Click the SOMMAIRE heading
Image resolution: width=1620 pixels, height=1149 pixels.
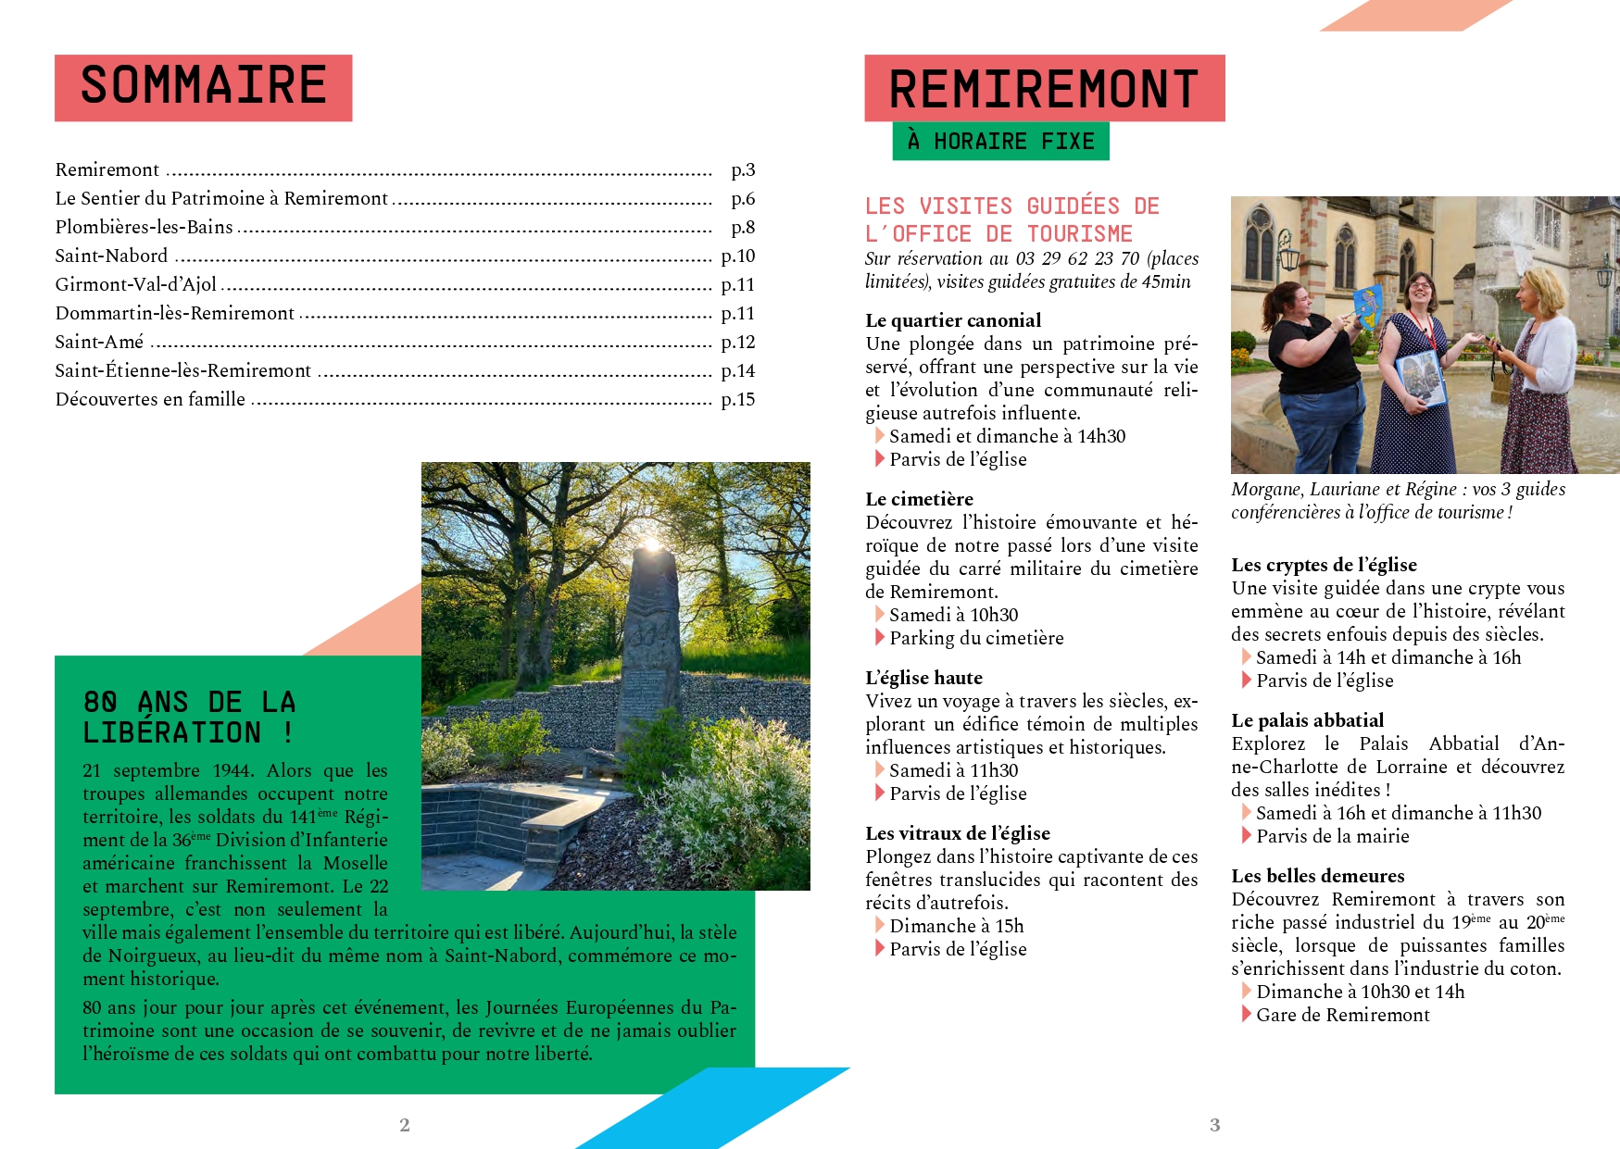pos(203,86)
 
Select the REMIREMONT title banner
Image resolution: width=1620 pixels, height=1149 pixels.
pos(1044,89)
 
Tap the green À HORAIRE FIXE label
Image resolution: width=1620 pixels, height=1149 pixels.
pos(1000,142)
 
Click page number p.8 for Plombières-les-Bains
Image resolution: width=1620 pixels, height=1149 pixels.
pos(743,227)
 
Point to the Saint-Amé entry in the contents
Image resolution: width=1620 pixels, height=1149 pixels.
pos(100,342)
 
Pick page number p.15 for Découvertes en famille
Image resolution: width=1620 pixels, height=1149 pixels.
pos(738,399)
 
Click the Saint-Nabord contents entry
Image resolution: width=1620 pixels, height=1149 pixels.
pos(112,256)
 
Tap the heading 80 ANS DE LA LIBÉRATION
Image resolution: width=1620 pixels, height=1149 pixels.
pos(189,717)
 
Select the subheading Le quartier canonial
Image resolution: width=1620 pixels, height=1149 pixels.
pos(953,320)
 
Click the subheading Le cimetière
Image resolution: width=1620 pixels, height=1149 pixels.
pos(919,499)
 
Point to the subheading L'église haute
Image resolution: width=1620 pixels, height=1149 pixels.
pos(923,678)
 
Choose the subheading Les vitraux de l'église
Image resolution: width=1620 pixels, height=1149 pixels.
pos(958,833)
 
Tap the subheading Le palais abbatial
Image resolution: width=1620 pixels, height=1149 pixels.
pos(1307,720)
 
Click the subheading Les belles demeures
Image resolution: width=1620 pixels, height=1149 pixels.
pos(1317,876)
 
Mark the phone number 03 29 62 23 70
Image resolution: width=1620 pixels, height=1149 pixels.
pos(1077,258)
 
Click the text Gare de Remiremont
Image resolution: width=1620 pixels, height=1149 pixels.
pos(1342,1015)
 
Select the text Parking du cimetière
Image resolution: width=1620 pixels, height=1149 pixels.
pos(976,638)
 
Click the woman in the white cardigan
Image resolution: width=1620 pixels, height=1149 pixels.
pos(1542,370)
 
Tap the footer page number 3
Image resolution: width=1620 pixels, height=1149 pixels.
pos(1214,1125)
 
